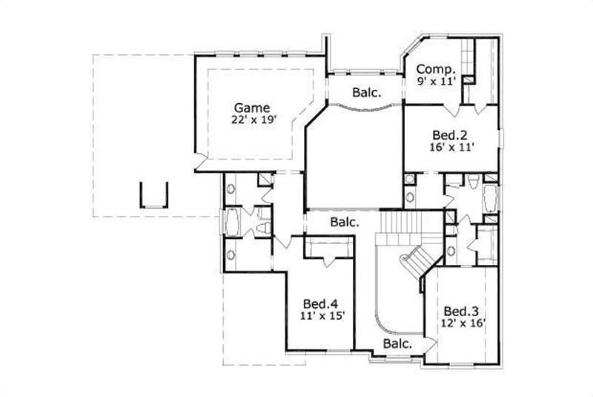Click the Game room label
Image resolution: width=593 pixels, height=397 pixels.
252,107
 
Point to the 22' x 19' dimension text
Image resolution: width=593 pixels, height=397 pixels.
252,119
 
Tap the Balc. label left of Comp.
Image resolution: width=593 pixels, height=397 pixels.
365,93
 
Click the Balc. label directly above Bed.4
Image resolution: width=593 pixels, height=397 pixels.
345,222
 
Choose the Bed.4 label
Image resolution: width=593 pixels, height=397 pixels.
321,304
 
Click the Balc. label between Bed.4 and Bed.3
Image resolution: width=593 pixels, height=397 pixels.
398,344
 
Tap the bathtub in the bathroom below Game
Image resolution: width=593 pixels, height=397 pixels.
232,222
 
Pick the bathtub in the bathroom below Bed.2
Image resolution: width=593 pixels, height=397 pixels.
489,200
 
